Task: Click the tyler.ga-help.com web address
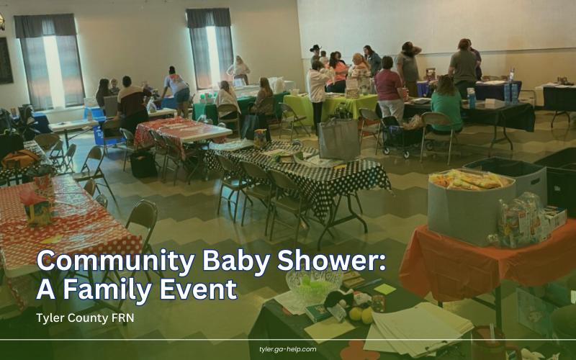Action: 287,349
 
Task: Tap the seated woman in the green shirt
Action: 446,103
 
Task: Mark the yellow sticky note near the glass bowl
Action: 385,289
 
